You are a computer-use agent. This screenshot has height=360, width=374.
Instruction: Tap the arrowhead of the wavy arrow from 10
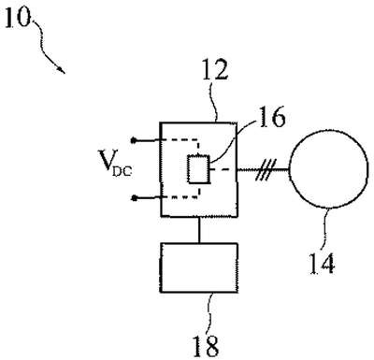point(62,70)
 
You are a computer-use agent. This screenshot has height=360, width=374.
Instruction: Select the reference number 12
point(215,69)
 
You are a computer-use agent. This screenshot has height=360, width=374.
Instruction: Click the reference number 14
point(322,264)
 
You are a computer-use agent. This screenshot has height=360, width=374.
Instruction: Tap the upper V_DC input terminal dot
point(134,140)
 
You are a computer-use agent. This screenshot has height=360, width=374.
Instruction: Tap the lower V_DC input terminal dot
point(134,197)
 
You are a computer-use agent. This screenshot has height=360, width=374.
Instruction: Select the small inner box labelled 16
point(198,169)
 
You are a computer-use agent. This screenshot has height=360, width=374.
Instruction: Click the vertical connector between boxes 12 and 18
point(198,230)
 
